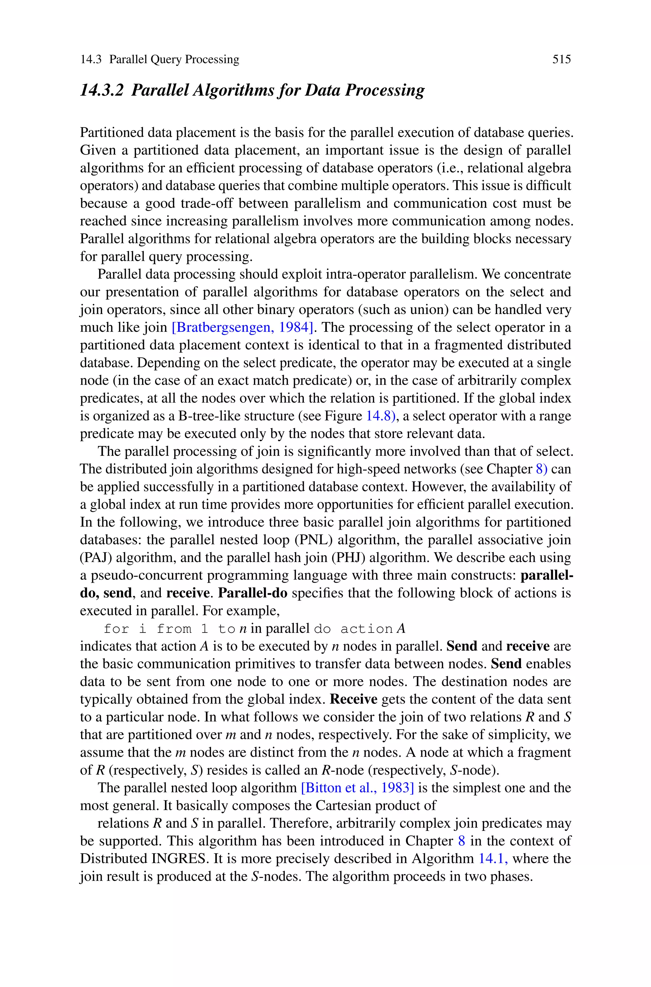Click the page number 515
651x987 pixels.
coord(561,59)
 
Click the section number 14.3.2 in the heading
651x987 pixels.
coord(102,90)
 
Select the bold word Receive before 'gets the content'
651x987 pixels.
coord(353,699)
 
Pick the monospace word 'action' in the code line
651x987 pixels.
coord(366,629)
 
